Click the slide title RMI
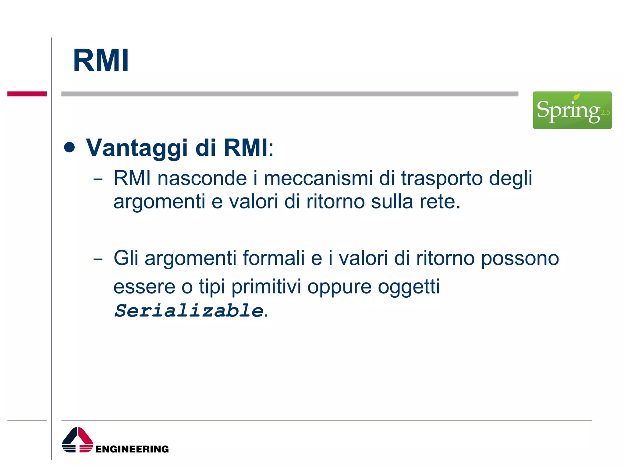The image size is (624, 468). [101, 61]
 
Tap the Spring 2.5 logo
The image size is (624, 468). [572, 110]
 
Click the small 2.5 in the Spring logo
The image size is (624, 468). [605, 112]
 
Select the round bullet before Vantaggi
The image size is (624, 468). [70, 147]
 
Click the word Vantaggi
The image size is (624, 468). [136, 148]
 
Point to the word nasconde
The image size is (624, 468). [202, 178]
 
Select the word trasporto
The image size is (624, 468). [441, 179]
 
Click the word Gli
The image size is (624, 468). [126, 258]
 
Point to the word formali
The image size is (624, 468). [273, 258]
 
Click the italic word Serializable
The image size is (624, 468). [189, 311]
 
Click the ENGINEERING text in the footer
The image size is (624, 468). [132, 449]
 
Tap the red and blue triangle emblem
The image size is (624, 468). [77, 440]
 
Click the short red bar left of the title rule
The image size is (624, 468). [27, 94]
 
